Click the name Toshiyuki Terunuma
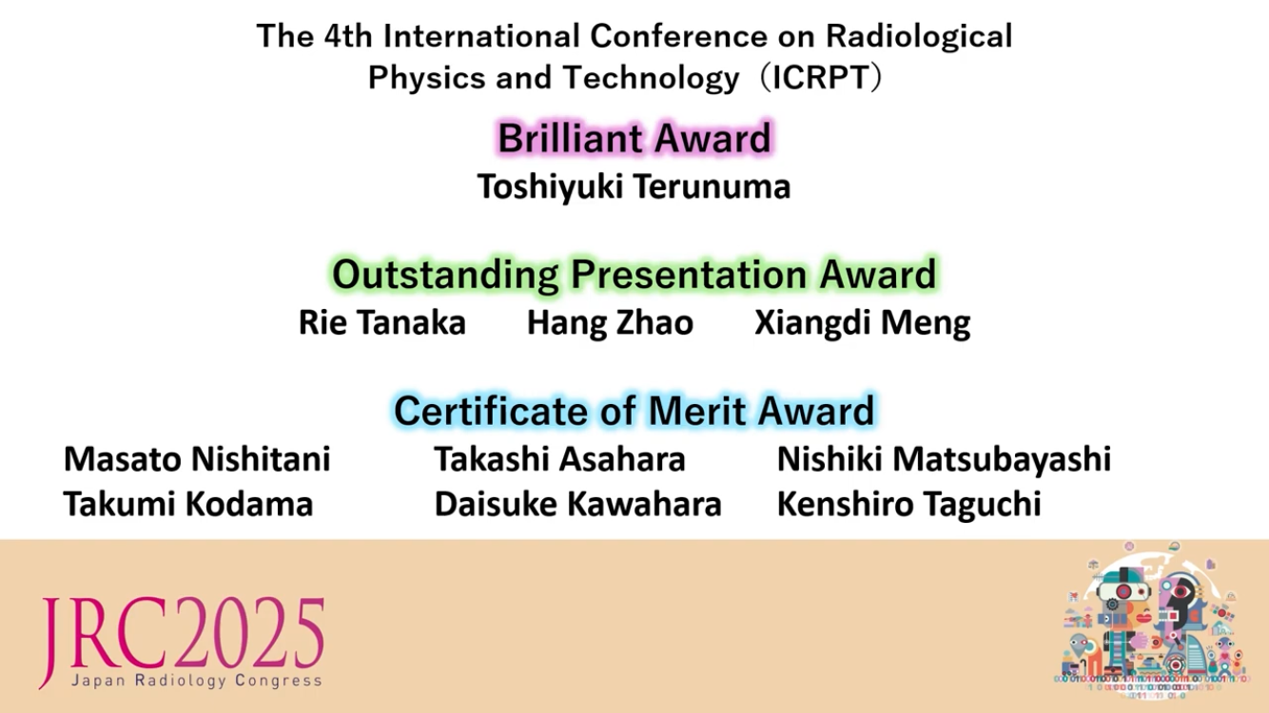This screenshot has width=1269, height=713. [634, 186]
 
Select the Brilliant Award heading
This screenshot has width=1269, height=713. [634, 139]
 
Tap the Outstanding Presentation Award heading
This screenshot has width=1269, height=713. [634, 275]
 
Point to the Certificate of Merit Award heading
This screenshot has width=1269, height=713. [634, 411]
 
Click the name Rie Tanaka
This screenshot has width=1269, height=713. [382, 323]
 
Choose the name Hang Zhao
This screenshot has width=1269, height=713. [610, 323]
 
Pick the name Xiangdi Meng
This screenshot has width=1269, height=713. [862, 323]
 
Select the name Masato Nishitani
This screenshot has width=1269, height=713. [197, 459]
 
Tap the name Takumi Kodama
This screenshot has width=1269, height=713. [188, 504]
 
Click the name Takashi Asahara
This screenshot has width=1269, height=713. [559, 459]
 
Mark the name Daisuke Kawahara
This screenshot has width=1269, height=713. [577, 504]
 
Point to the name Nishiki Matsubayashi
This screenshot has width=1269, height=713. [944, 459]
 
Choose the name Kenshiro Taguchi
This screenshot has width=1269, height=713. [908, 504]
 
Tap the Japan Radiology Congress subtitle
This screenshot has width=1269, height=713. [196, 680]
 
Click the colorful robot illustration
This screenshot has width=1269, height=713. [1150, 618]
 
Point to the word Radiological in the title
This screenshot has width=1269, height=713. [919, 36]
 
